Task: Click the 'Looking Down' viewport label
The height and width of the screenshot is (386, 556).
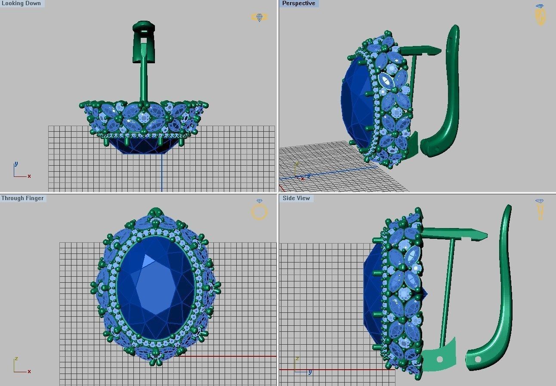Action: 21,3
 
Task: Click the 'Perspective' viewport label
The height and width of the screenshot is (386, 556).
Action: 299,3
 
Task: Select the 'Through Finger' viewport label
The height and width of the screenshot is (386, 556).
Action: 22,198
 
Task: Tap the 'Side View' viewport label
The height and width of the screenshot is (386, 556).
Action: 296,198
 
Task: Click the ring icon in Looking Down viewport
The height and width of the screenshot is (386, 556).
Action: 259,17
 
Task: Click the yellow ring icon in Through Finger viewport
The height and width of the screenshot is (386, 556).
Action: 259,210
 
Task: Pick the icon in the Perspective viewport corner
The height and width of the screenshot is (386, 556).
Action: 540,15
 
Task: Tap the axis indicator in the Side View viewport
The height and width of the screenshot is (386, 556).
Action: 302,365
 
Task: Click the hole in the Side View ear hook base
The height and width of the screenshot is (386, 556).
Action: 478,359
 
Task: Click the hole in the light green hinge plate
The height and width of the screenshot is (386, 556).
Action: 439,359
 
